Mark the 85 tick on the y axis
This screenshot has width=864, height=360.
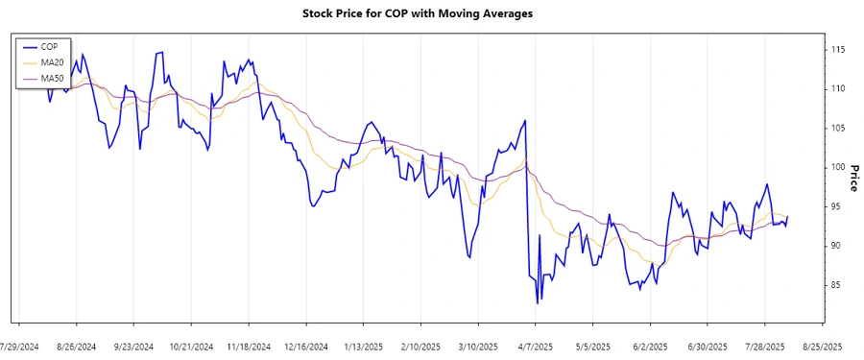click(839, 285)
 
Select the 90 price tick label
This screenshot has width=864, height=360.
click(839, 246)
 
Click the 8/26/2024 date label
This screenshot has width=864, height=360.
click(77, 347)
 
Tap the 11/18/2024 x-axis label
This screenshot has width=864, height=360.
click(249, 347)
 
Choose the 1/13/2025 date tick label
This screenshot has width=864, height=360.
click(363, 347)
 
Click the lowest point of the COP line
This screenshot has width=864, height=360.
click(538, 303)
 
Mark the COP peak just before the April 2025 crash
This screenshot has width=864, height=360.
click(525, 121)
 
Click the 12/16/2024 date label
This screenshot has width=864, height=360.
click(306, 347)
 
